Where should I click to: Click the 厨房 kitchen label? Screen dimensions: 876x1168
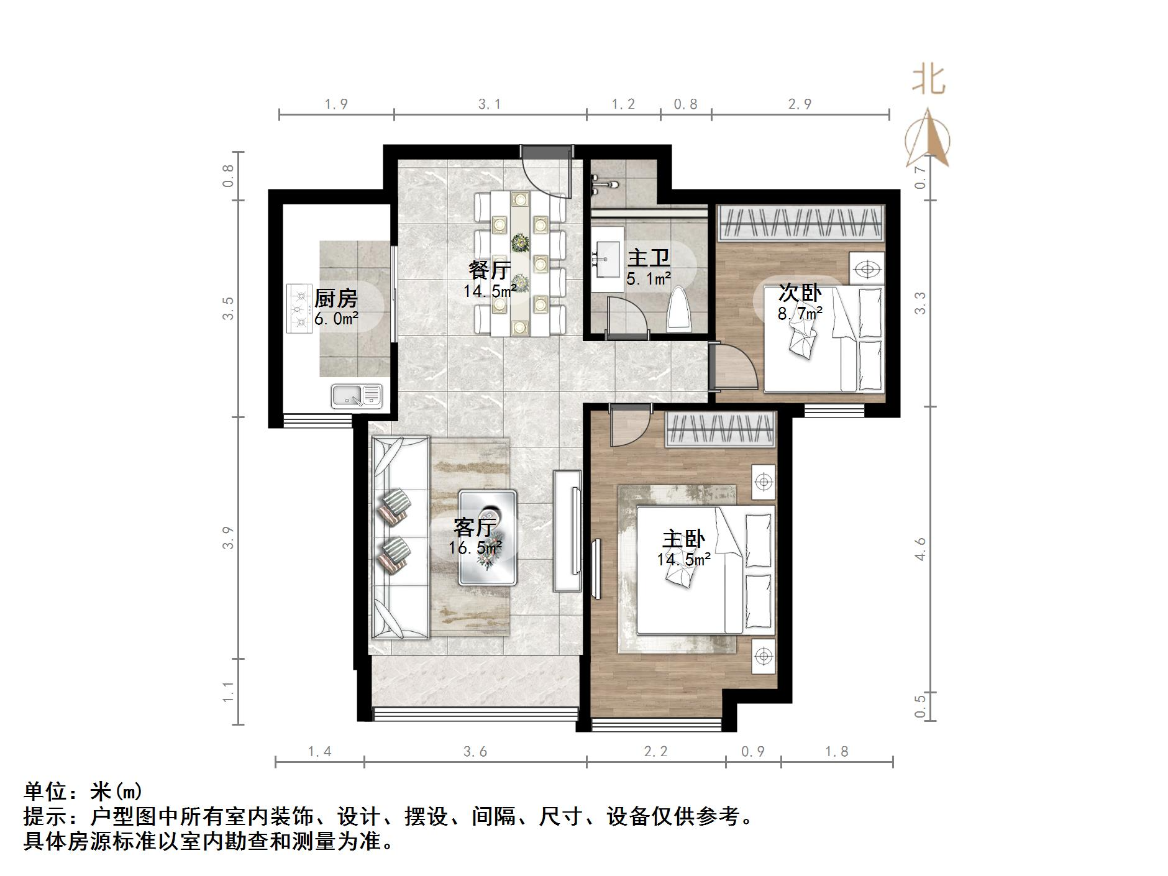(x=336, y=299)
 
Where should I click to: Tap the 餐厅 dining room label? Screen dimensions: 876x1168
(x=490, y=271)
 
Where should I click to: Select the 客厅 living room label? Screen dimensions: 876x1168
(x=475, y=527)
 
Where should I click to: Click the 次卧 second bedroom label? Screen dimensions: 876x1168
(x=800, y=293)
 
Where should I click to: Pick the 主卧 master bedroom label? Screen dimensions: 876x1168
(x=683, y=539)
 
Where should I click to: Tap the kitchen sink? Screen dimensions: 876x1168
(x=356, y=396)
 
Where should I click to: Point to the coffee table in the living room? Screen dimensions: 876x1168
(x=488, y=538)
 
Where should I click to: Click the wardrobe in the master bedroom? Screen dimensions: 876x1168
(x=721, y=429)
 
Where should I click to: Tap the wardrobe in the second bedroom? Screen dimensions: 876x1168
(x=801, y=224)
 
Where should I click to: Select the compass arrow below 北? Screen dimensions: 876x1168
(x=928, y=140)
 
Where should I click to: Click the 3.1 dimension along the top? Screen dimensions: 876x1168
(x=490, y=104)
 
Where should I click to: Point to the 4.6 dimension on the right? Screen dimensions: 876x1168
(x=921, y=549)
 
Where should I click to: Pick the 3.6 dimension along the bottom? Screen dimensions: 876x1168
(x=475, y=752)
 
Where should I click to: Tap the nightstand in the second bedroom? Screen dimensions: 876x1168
(x=867, y=268)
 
